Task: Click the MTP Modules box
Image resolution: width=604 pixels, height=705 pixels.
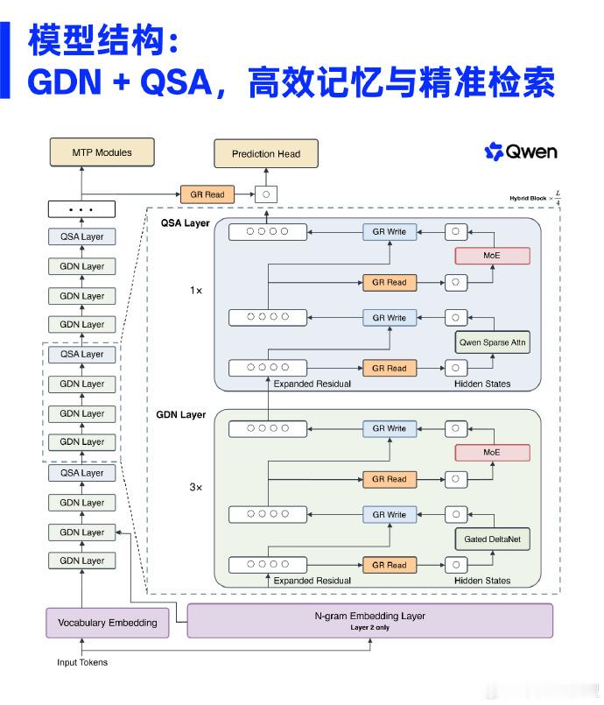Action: click(x=102, y=152)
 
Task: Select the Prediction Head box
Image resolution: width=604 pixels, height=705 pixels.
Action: click(x=266, y=154)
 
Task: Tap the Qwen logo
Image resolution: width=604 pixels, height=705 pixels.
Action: click(x=521, y=152)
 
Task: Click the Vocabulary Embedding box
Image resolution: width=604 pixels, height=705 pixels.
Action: click(x=108, y=623)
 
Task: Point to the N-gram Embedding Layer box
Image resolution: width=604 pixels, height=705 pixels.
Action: click(x=370, y=620)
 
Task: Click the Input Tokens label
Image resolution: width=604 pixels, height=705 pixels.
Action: click(x=82, y=662)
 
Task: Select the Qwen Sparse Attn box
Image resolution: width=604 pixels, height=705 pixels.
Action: click(x=493, y=342)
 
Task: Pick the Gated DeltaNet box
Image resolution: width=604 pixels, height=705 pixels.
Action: click(x=493, y=539)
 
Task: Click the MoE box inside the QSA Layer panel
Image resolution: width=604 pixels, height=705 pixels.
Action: click(x=492, y=256)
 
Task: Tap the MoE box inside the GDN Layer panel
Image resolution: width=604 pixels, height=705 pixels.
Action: click(x=492, y=452)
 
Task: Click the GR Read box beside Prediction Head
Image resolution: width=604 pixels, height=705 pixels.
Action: click(x=207, y=194)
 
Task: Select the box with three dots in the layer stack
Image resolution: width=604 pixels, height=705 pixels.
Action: click(x=81, y=209)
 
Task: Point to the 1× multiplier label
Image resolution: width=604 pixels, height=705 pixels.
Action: click(x=196, y=291)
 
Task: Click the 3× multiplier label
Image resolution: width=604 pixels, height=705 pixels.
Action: click(x=196, y=488)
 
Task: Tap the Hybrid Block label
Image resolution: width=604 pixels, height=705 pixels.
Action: click(x=528, y=198)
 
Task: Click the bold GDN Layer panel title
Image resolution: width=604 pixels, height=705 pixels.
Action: click(x=180, y=414)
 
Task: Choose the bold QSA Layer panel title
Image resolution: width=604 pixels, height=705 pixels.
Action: click(x=186, y=223)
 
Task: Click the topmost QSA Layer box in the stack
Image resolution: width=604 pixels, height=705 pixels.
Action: click(x=81, y=237)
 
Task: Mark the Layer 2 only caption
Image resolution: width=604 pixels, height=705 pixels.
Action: click(x=370, y=628)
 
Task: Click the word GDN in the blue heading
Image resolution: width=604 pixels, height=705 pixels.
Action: click(x=65, y=81)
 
